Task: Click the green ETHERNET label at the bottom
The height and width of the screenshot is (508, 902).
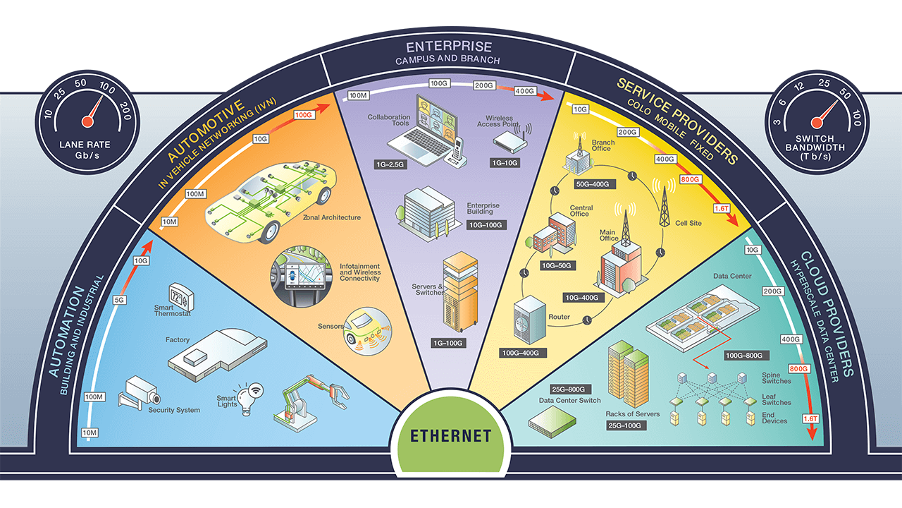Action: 452,435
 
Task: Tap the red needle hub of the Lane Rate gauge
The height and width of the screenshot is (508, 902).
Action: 87,121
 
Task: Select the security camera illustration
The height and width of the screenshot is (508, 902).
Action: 138,392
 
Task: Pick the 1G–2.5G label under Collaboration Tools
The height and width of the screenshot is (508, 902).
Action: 390,164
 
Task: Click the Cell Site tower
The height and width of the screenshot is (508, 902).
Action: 663,205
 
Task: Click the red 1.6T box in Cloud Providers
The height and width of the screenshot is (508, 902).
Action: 811,419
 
